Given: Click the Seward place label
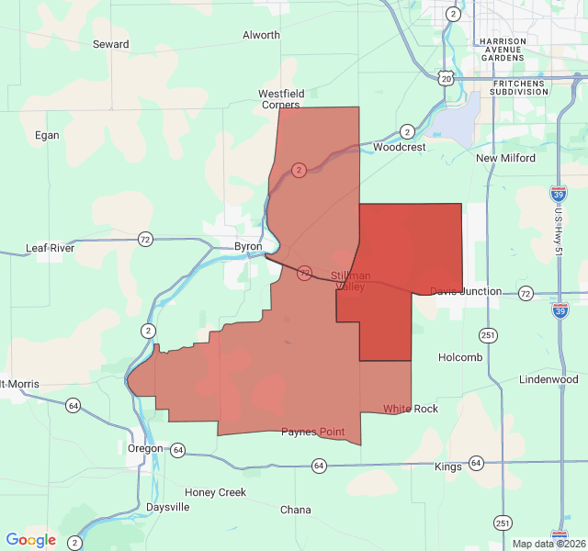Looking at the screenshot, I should coord(110,44).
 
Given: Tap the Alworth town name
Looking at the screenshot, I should coord(261,35).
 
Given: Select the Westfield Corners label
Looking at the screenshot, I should coord(281,99).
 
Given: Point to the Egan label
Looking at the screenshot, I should coord(47,135).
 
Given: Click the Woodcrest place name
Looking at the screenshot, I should coord(400,147).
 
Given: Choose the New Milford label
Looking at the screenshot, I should coord(505,158).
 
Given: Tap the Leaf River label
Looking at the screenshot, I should coord(51,248).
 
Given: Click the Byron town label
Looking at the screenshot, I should coord(248,247).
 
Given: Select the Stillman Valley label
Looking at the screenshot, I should coord(351,281).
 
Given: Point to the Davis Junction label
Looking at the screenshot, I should coord(466,291).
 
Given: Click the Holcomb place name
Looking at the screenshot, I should coord(460,357).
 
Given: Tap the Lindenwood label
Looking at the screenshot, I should coord(548,379).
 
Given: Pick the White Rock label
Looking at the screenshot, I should coord(411,409).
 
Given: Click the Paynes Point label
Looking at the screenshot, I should coord(312,432).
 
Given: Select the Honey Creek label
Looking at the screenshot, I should coord(215,492).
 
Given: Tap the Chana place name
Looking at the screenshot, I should coord(296,510).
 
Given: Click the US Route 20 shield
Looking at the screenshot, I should coord(446,79).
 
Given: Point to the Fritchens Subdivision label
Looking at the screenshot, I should coord(518,87).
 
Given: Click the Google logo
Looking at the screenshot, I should coord(31,540).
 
